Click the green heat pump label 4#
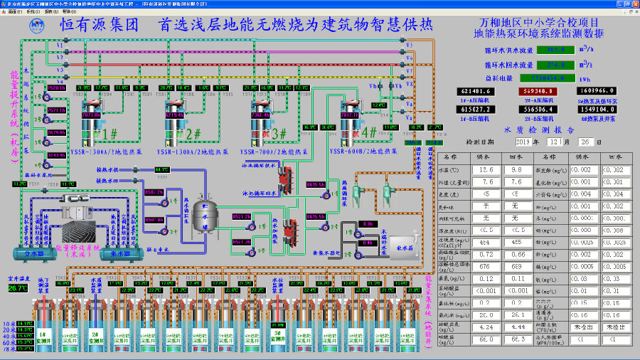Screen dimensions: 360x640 click(369, 132)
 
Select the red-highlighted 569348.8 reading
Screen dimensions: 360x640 click(540, 91)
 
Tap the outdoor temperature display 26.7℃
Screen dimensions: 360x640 click(18, 288)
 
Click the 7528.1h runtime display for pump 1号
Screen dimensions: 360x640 click(56, 88)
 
